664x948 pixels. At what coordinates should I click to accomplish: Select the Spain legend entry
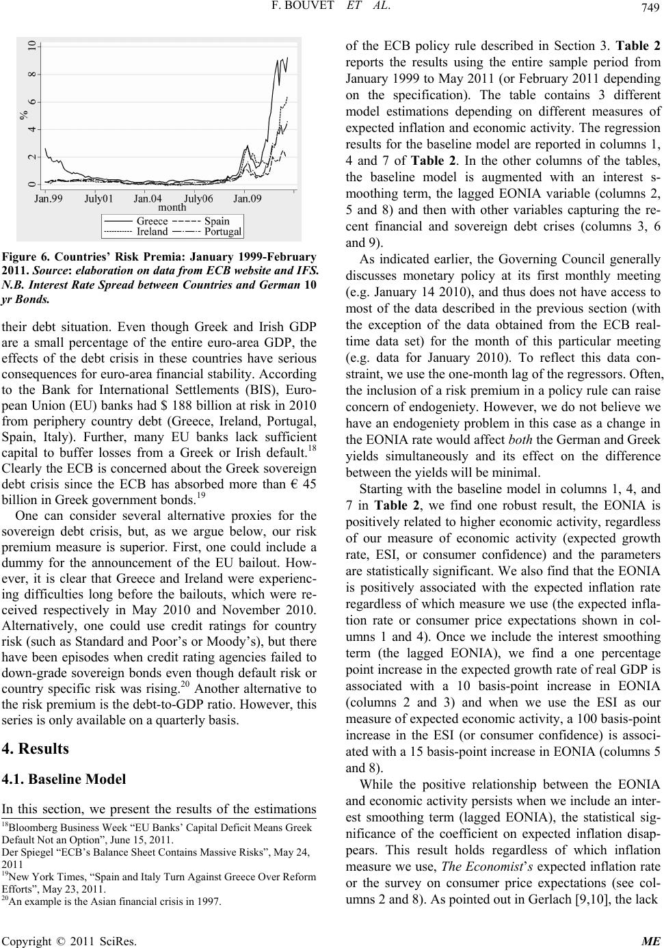[x=216, y=221]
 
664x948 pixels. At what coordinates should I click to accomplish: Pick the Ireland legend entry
[x=152, y=231]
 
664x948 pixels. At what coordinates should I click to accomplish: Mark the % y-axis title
[x=25, y=115]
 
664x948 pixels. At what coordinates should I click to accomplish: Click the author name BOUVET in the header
[x=326, y=8]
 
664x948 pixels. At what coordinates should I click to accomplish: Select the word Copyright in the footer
[x=21, y=938]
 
